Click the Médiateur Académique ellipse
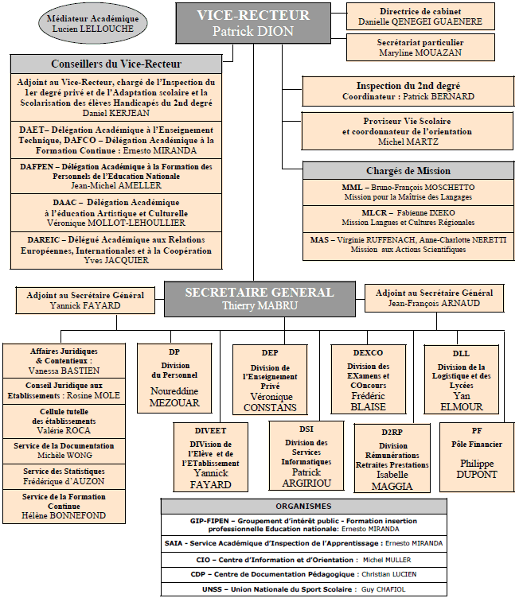[93, 24]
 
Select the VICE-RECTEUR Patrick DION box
[253, 23]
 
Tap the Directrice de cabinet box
[420, 17]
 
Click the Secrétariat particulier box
[420, 48]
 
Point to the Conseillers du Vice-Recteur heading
[116, 64]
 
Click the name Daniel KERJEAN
[116, 113]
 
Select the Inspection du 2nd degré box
[408, 91]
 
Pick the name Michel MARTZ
[408, 142]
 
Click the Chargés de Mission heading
[408, 171]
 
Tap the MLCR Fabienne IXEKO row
[408, 217]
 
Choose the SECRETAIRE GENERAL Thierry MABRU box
[260, 299]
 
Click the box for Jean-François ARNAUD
[434, 298]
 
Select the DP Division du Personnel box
[174, 379]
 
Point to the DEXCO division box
[368, 379]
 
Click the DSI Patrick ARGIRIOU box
[306, 456]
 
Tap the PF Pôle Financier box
[476, 457]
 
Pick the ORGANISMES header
[303, 507]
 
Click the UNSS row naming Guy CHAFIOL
[303, 589]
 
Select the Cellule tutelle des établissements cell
[64, 421]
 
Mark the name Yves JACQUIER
[116, 261]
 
